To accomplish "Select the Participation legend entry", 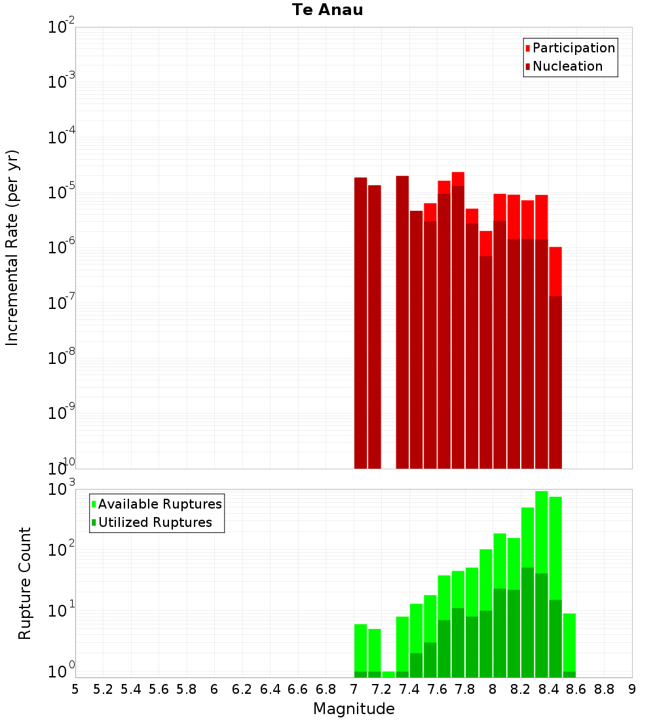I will click(574, 48).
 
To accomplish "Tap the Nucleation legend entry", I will click(567, 66).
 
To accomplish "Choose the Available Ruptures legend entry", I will click(160, 504).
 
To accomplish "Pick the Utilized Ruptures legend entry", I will click(155, 522).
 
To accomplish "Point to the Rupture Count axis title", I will click(25, 583).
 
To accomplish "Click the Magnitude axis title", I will click(354, 709).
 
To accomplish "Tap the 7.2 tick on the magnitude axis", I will click(382, 689).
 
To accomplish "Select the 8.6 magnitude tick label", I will click(576, 689).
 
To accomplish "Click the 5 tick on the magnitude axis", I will click(75, 689).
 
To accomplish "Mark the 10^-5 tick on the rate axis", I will click(62, 192).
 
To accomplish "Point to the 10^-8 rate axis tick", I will click(62, 358).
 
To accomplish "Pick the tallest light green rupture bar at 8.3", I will click(542, 530).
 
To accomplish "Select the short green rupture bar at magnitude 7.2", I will click(388, 674).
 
